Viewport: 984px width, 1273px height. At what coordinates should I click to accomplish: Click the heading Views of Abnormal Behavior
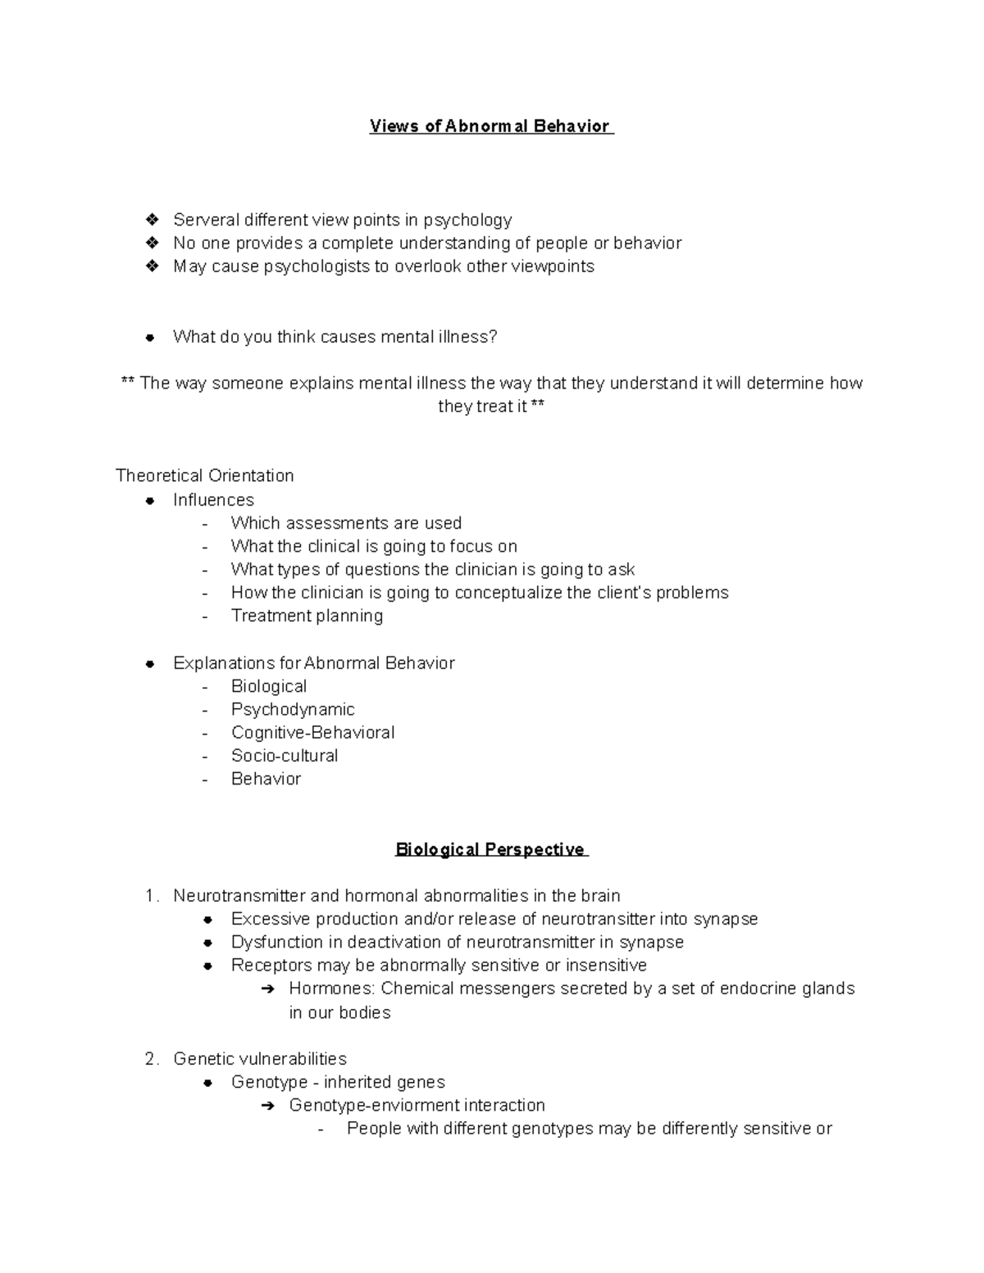(x=490, y=126)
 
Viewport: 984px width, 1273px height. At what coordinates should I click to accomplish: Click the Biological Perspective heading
(x=490, y=849)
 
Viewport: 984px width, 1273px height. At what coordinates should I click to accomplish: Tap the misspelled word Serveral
(x=206, y=220)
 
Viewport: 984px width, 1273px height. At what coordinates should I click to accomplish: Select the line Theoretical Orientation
(x=205, y=475)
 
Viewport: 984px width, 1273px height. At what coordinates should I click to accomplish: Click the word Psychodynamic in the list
(x=293, y=709)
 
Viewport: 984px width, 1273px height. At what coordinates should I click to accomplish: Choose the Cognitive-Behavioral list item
(x=312, y=732)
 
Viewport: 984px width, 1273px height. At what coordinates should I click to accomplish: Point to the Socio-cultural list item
(x=285, y=755)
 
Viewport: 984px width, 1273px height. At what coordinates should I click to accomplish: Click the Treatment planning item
(x=307, y=616)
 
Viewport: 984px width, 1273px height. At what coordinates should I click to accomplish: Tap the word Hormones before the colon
(x=330, y=989)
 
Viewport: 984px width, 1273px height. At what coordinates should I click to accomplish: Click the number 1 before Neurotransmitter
(x=150, y=896)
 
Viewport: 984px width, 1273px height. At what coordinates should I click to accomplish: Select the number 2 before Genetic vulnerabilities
(x=150, y=1059)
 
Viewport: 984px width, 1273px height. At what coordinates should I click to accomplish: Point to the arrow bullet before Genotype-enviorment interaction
(x=266, y=1106)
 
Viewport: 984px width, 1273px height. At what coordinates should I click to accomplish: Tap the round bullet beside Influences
(x=150, y=501)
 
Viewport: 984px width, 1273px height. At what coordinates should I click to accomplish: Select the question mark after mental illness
(x=493, y=337)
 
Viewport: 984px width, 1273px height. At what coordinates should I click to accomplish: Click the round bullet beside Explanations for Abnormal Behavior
(x=150, y=664)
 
